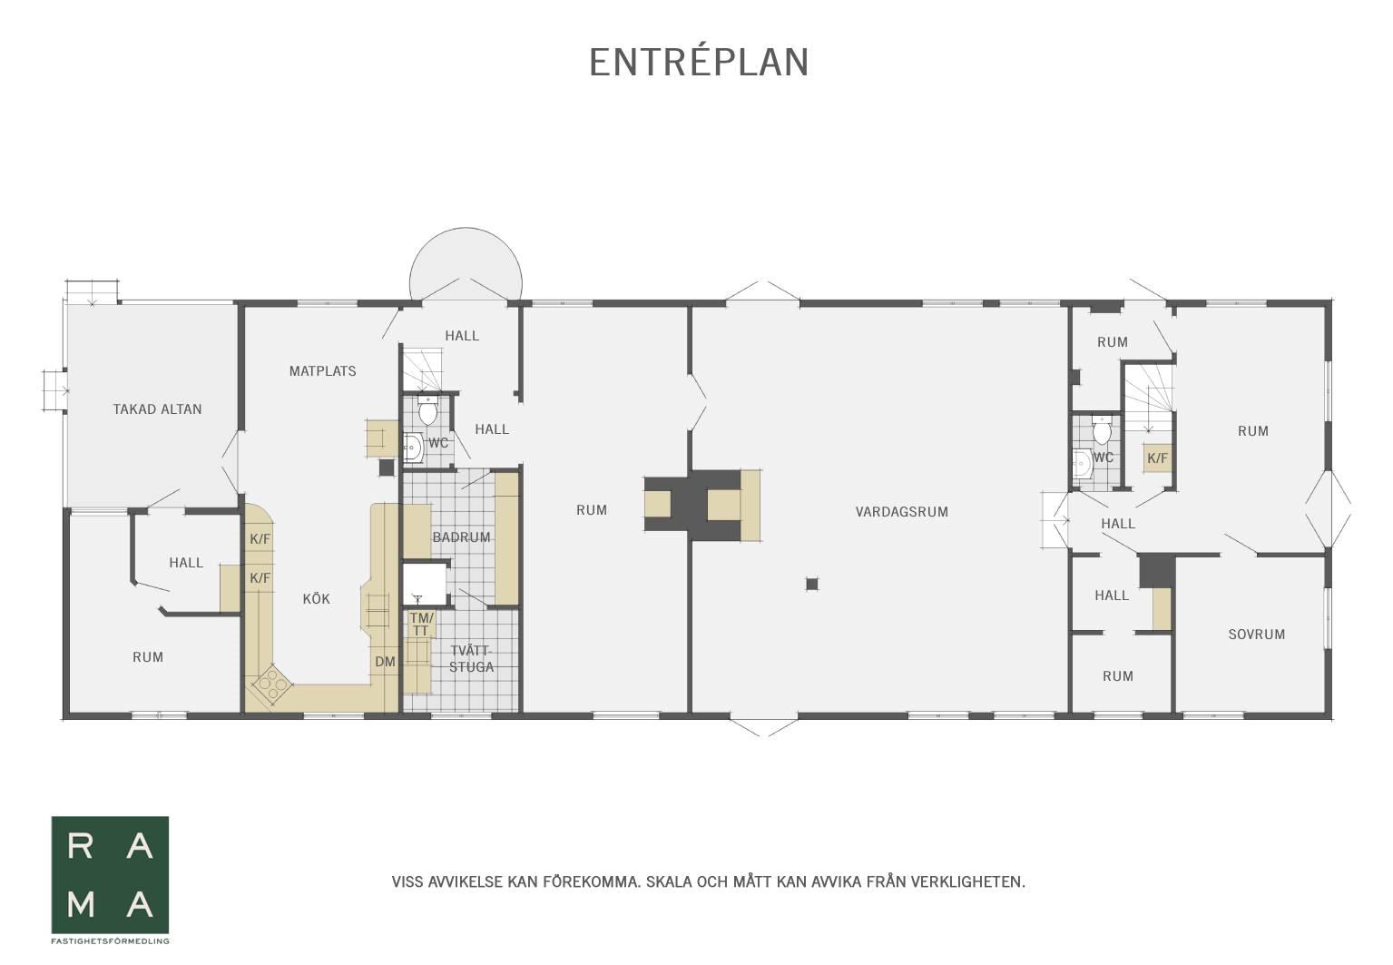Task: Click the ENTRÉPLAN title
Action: coord(699,63)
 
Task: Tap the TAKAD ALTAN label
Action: coord(157,409)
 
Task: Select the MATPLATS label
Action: coord(323,371)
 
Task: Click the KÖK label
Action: coord(316,598)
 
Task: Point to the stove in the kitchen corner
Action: coord(271,684)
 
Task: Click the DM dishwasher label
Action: coord(385,662)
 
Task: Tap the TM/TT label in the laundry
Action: coord(421,624)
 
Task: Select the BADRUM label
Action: coord(461,537)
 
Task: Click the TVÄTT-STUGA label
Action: coord(471,659)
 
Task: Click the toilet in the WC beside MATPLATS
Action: coord(427,411)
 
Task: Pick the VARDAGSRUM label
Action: coord(902,512)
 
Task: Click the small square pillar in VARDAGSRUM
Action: coord(811,585)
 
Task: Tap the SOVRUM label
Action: coord(1256,635)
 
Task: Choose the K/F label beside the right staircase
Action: coord(1157,458)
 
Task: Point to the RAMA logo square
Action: coord(110,875)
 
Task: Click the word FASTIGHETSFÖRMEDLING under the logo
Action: coord(110,941)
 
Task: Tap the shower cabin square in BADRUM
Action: coord(425,584)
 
